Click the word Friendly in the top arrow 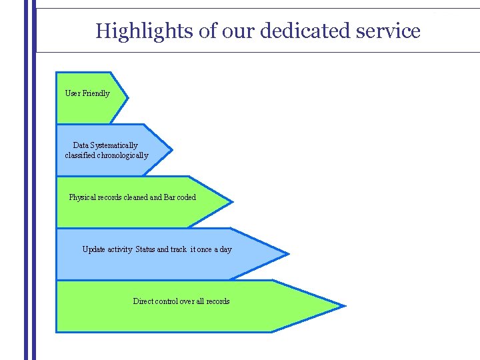pos(96,93)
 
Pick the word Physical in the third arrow pos(82,197)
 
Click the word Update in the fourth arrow pos(94,249)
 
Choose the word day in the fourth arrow pos(225,249)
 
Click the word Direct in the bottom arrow pos(143,301)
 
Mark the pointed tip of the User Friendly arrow pos(127,98)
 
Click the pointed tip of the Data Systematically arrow pos(171,149)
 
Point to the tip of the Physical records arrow pos(232,201)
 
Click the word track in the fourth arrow pos(179,249)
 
